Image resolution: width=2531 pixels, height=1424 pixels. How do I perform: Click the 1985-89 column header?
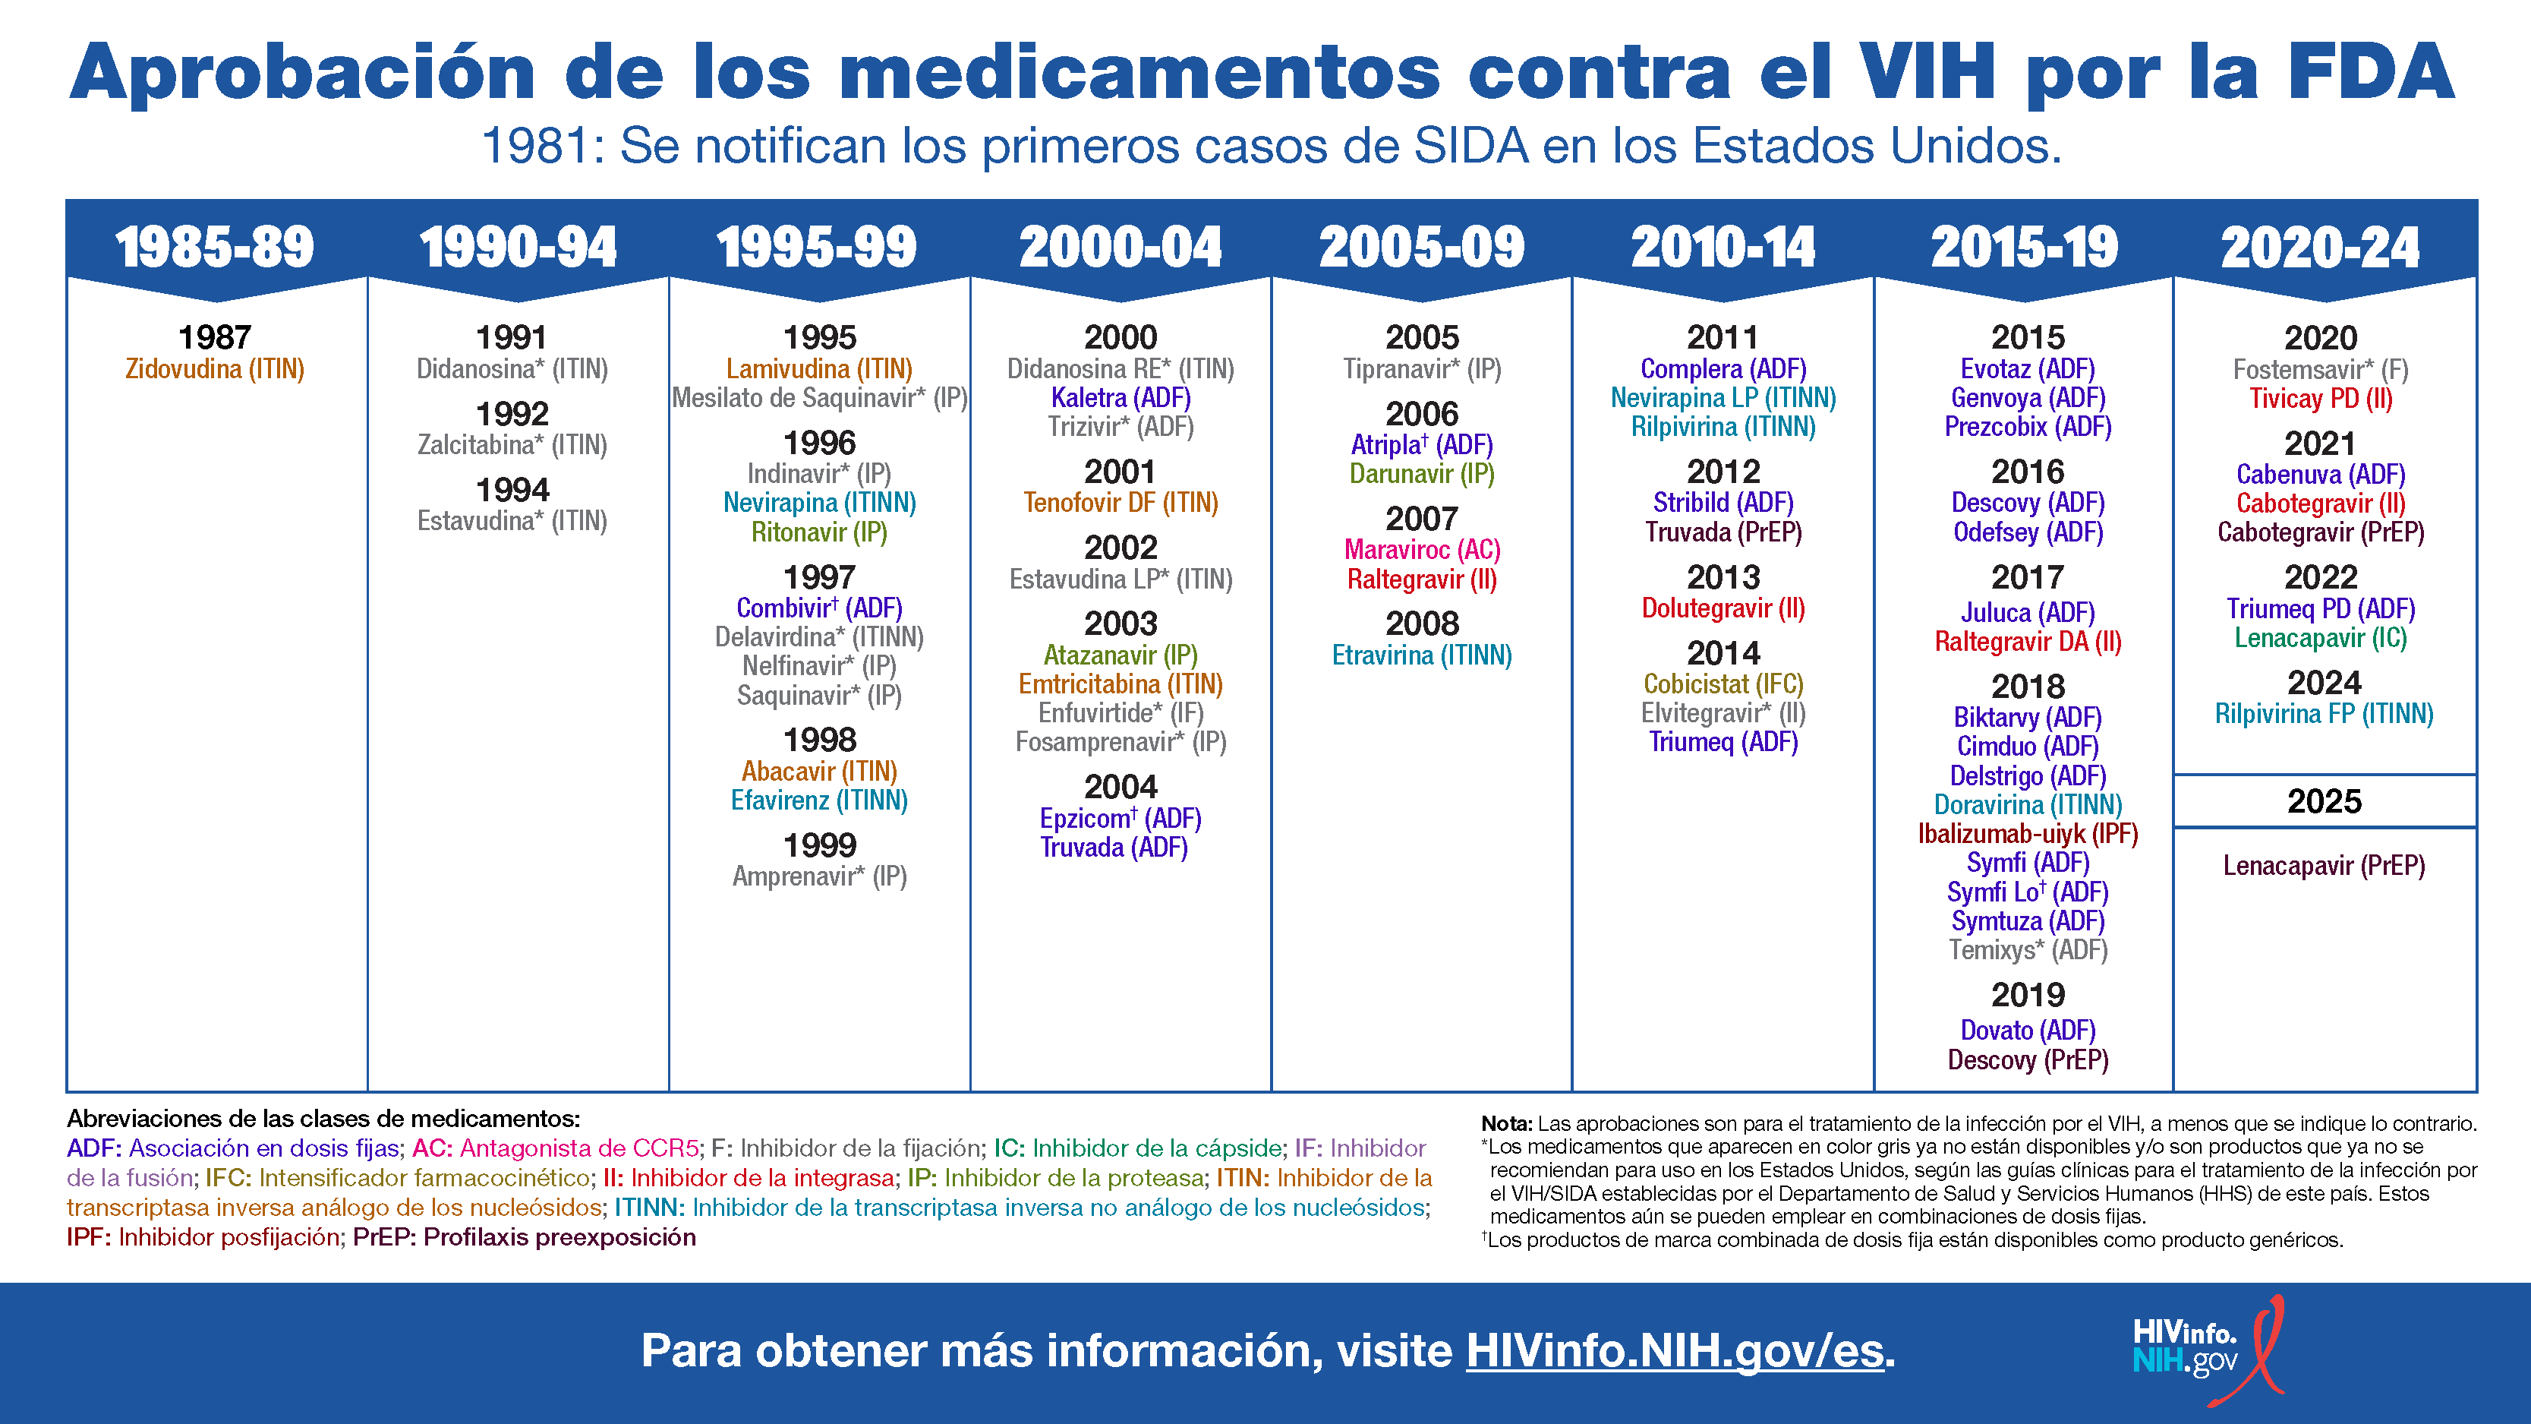tap(214, 247)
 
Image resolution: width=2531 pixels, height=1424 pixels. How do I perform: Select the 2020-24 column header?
tap(2320, 247)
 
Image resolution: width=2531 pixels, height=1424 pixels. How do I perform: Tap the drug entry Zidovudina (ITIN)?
tap(214, 370)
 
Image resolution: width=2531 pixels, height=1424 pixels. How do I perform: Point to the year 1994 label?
tap(512, 489)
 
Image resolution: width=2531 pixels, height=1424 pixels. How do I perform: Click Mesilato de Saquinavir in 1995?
tap(819, 398)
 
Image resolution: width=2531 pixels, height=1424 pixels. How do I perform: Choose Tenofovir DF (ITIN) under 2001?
tap(1120, 504)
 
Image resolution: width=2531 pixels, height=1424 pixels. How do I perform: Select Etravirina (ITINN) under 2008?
tap(1422, 655)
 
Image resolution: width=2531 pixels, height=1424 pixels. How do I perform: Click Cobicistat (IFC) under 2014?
tap(1723, 684)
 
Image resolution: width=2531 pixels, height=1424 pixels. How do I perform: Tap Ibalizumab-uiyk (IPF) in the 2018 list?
tap(2028, 835)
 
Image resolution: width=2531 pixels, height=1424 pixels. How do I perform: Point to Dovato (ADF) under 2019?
tap(2028, 1031)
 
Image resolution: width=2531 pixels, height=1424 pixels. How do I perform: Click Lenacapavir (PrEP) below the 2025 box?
tap(2324, 866)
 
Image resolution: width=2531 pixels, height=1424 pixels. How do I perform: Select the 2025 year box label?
tap(2324, 802)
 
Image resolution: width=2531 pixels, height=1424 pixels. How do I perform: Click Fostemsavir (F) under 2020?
tap(2320, 371)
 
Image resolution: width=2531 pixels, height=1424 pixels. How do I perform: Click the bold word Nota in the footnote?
tap(1506, 1123)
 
